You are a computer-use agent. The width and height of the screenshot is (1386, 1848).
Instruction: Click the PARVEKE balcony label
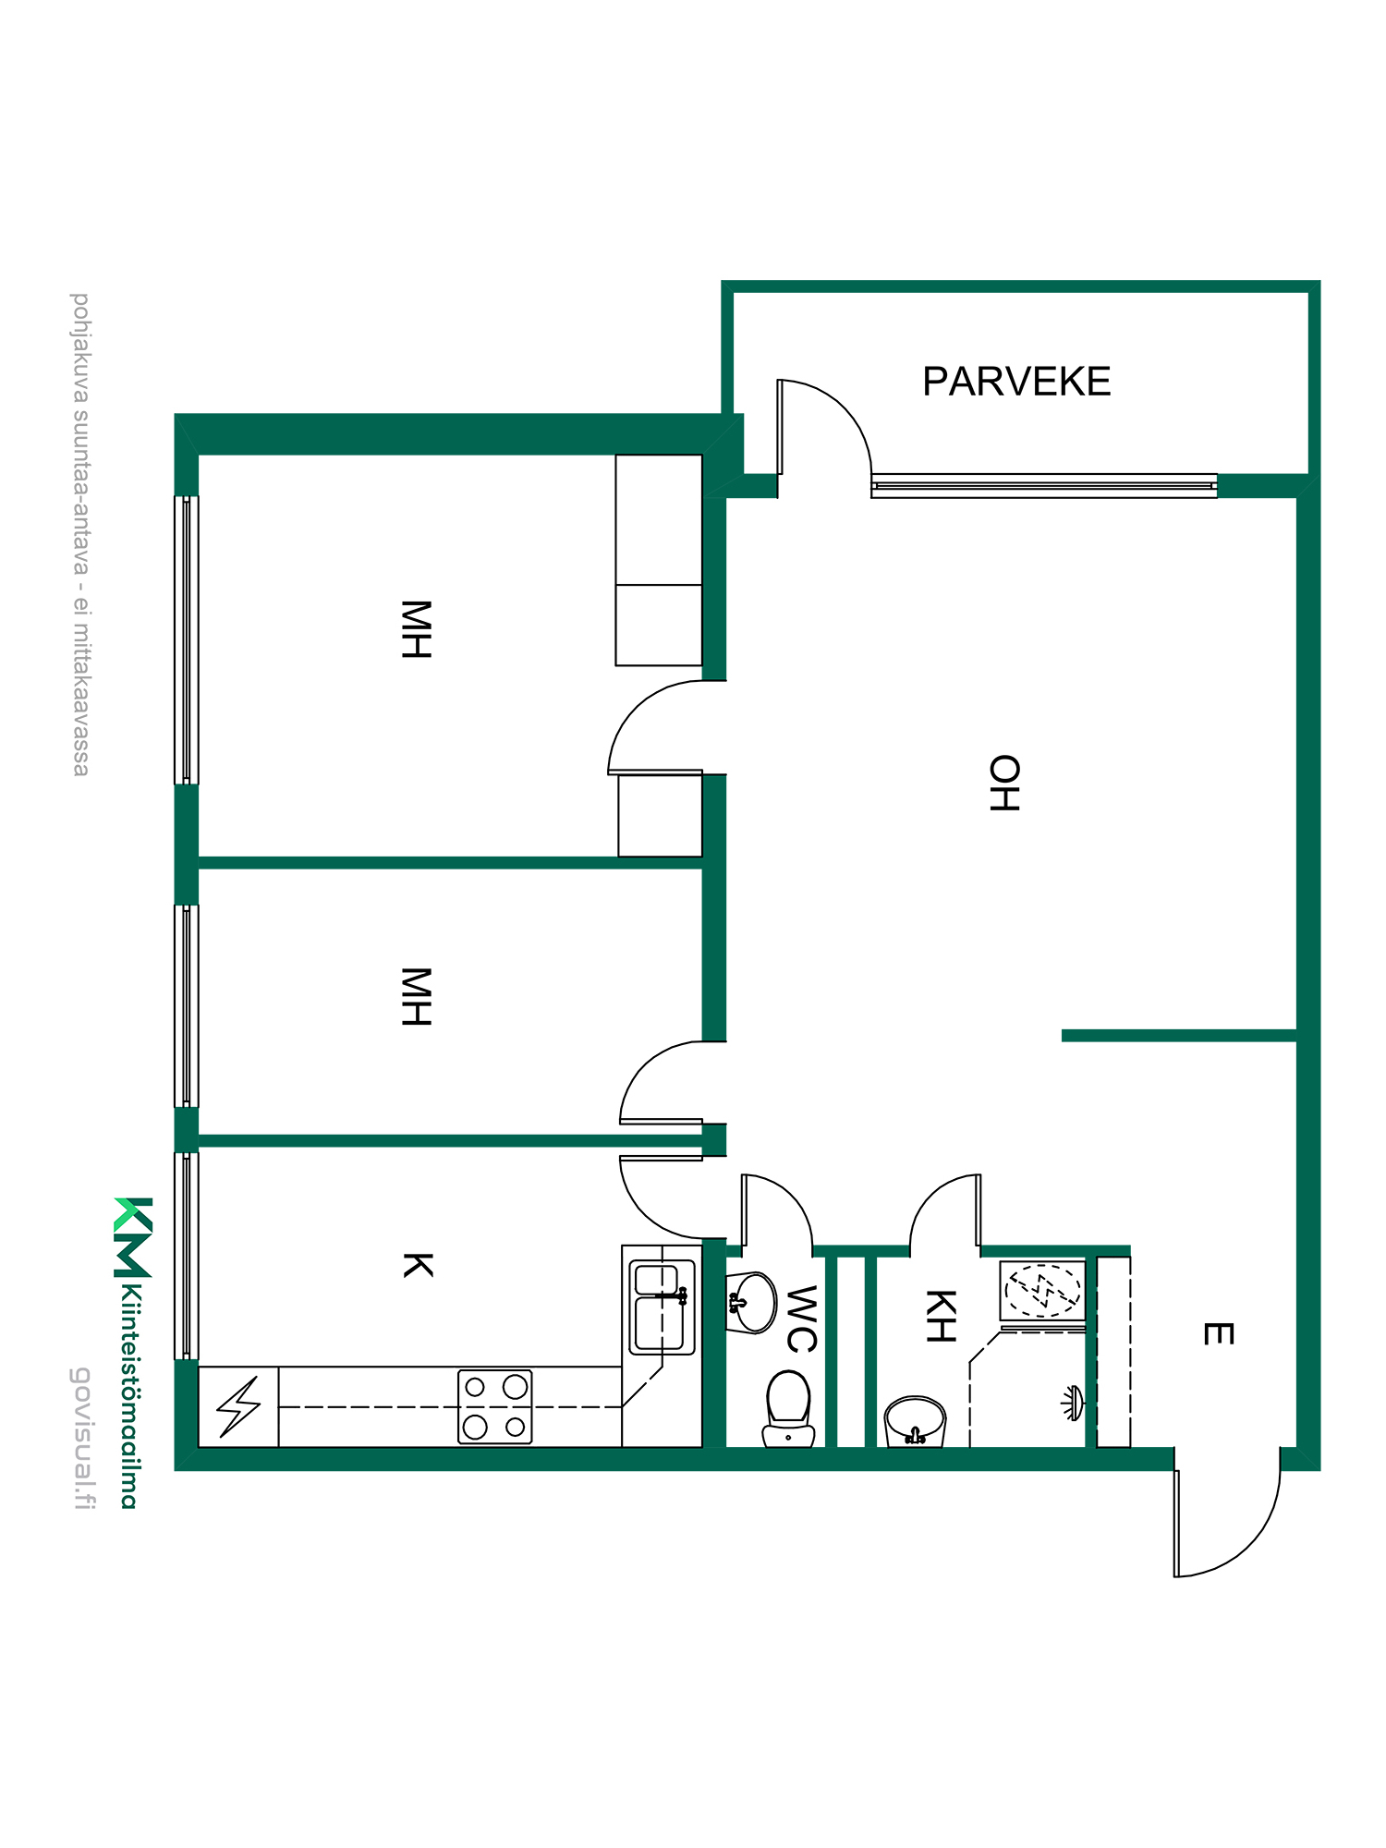[x=1016, y=382]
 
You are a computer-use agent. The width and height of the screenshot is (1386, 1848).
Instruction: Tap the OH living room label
[x=1004, y=784]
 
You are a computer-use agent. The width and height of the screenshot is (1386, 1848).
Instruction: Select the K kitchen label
[x=418, y=1265]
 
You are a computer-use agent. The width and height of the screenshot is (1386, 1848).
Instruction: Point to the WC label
[x=801, y=1319]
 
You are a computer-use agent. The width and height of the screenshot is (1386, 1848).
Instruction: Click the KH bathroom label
[x=940, y=1316]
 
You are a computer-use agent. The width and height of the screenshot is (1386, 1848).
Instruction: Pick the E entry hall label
[x=1218, y=1333]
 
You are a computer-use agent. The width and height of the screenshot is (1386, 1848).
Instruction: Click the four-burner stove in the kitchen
[x=495, y=1406]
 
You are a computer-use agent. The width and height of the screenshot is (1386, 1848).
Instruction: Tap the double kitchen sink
[x=662, y=1307]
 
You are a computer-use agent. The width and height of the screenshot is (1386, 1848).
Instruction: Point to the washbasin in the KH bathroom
[x=915, y=1421]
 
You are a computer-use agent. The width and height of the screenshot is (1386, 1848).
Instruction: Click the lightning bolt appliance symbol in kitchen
[x=238, y=1407]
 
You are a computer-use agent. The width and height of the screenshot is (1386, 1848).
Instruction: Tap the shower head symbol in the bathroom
[x=1072, y=1403]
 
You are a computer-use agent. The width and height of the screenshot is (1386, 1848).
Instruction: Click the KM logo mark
[x=133, y=1237]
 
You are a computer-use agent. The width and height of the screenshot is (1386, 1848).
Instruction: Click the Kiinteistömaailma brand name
[x=130, y=1395]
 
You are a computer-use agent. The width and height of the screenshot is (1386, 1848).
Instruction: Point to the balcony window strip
[x=1044, y=486]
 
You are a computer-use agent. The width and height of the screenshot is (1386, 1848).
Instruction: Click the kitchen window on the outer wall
[x=187, y=1256]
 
